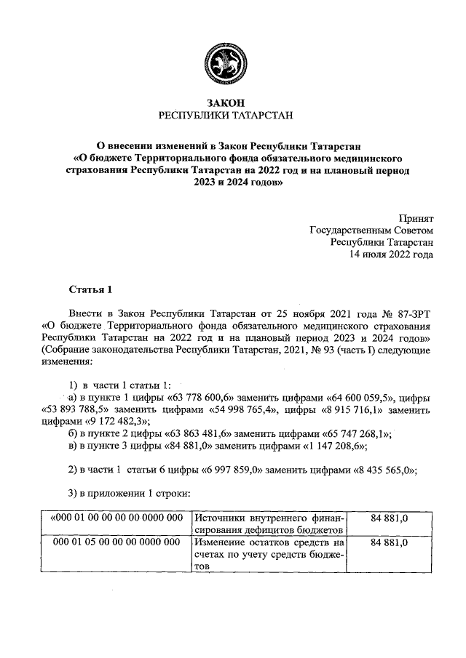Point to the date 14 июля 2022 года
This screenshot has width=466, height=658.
(392, 254)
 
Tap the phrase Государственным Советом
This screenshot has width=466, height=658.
(371, 230)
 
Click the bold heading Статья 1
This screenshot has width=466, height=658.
(90, 291)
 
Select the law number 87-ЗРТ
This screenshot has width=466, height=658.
(412, 314)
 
